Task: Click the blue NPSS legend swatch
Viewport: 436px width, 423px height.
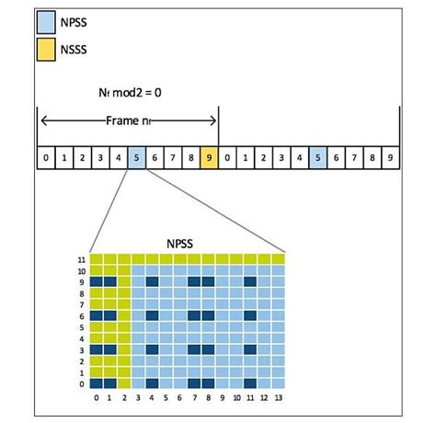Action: coord(46,18)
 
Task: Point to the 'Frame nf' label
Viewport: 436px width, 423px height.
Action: coord(128,120)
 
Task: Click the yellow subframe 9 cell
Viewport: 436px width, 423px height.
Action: coord(209,158)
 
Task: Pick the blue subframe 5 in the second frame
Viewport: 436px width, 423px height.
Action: coord(317,158)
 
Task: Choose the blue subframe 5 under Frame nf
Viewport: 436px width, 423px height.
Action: coord(136,158)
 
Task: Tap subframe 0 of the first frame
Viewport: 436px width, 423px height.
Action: coord(46,158)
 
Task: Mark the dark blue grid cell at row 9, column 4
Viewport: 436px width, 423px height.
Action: coord(152,282)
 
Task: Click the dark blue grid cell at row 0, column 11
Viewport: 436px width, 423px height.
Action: coord(249,383)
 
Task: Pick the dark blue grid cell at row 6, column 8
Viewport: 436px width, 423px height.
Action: coord(208,315)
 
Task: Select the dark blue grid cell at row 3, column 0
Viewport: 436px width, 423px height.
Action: coord(96,349)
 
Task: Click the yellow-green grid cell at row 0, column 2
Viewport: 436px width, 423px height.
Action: coord(124,383)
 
